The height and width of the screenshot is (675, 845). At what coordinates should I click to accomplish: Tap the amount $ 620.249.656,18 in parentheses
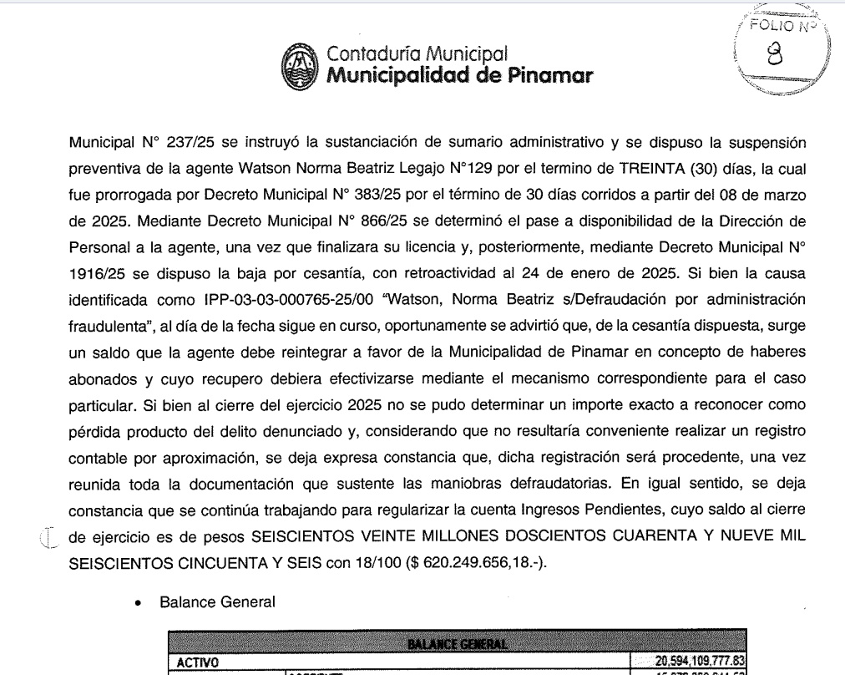tap(473, 562)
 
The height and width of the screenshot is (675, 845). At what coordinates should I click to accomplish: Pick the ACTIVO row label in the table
tap(195, 662)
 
